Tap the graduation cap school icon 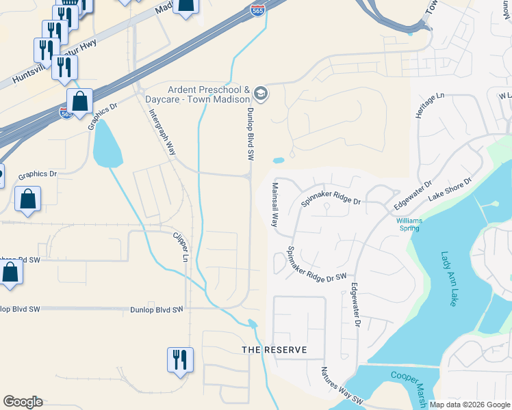260,92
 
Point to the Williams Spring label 409,224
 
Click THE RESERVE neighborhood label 273,350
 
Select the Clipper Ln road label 180,247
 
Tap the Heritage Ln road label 420,107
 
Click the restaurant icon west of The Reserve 181,359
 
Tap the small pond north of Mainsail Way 278,161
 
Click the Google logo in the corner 23,402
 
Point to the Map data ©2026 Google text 470,405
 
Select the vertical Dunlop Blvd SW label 250,134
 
